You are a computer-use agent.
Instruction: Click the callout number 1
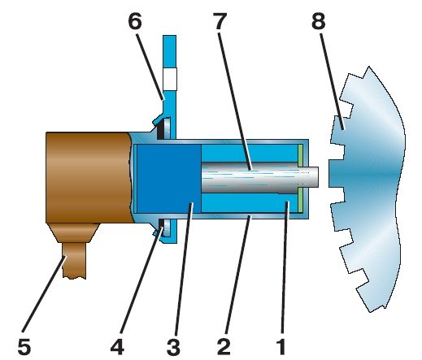coord(281,346)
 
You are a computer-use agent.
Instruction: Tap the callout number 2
coord(224,346)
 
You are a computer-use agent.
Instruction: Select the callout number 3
coord(173,346)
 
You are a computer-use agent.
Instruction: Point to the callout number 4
coord(117,346)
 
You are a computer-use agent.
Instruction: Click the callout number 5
coord(24,346)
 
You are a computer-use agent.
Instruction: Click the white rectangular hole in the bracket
coord(170,79)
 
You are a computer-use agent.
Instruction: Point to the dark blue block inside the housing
coord(169,179)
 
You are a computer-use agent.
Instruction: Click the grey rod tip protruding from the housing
coord(311,177)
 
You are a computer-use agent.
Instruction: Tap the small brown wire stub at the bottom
coord(74,260)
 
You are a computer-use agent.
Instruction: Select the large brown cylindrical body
coord(89,178)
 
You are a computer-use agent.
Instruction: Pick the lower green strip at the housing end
coord(300,200)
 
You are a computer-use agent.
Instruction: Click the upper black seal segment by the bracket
coord(160,129)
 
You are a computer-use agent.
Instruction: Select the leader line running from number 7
coord(235,102)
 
